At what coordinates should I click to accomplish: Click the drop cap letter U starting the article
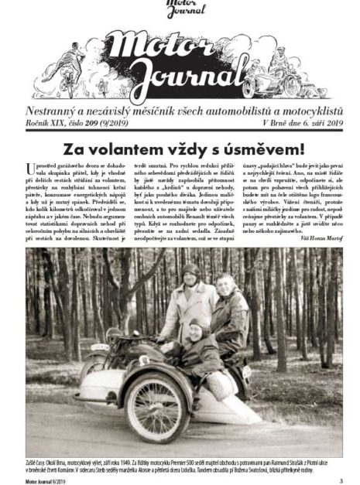click(30, 169)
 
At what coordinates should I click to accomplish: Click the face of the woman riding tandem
click(224, 285)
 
